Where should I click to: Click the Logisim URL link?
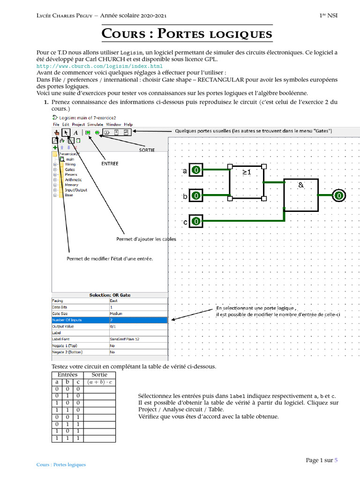click(99, 67)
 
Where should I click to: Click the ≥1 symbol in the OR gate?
click(247, 172)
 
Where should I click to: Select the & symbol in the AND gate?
click(300, 185)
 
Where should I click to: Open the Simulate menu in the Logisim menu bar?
click(96, 125)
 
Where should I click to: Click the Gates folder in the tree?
click(69, 170)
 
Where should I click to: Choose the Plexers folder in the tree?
click(71, 175)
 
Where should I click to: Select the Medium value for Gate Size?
click(116, 314)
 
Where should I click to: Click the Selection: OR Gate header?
click(110, 295)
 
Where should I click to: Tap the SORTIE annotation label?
click(147, 150)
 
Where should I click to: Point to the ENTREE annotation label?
click(110, 164)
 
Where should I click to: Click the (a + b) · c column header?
click(99, 382)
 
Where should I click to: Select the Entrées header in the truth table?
click(67, 375)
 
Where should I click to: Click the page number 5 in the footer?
click(336, 460)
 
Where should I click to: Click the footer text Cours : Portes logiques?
click(61, 465)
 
